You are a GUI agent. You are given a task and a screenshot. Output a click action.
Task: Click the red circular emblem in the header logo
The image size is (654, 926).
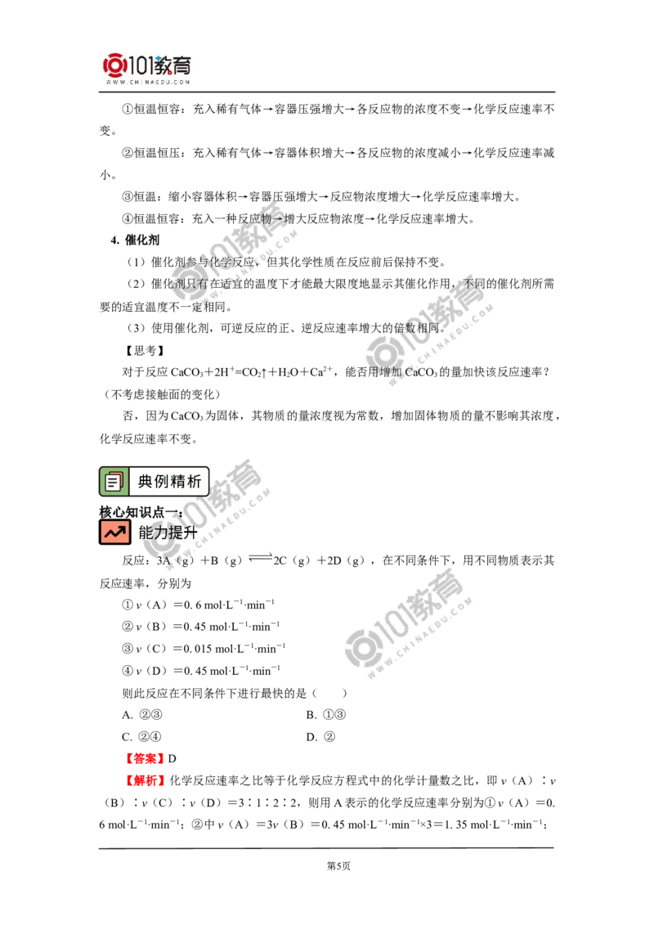click(115, 65)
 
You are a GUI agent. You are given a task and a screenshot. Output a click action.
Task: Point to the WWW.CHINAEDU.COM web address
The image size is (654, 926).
click(147, 83)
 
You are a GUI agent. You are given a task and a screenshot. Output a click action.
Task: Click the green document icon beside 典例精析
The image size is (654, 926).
click(114, 481)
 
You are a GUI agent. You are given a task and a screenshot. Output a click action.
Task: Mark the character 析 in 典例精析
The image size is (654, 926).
click(195, 482)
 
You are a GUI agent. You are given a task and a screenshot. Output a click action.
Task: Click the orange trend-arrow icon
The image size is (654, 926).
click(114, 532)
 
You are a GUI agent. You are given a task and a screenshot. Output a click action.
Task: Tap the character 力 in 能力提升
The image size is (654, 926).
click(159, 533)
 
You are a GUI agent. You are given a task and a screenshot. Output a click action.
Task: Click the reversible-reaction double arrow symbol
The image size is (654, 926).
click(258, 556)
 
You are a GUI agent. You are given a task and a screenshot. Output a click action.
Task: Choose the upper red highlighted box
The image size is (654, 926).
click(145, 758)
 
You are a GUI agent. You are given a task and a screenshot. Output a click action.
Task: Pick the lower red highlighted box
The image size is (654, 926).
click(146, 781)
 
